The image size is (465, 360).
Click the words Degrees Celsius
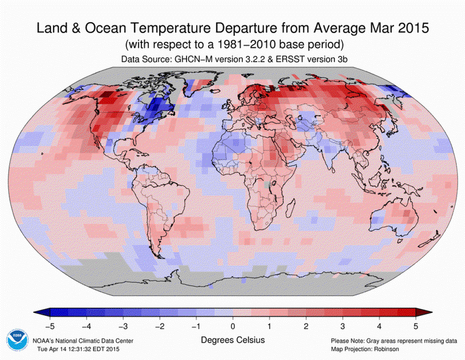[x=233, y=338]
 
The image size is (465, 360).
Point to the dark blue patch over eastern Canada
[x=152, y=105]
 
